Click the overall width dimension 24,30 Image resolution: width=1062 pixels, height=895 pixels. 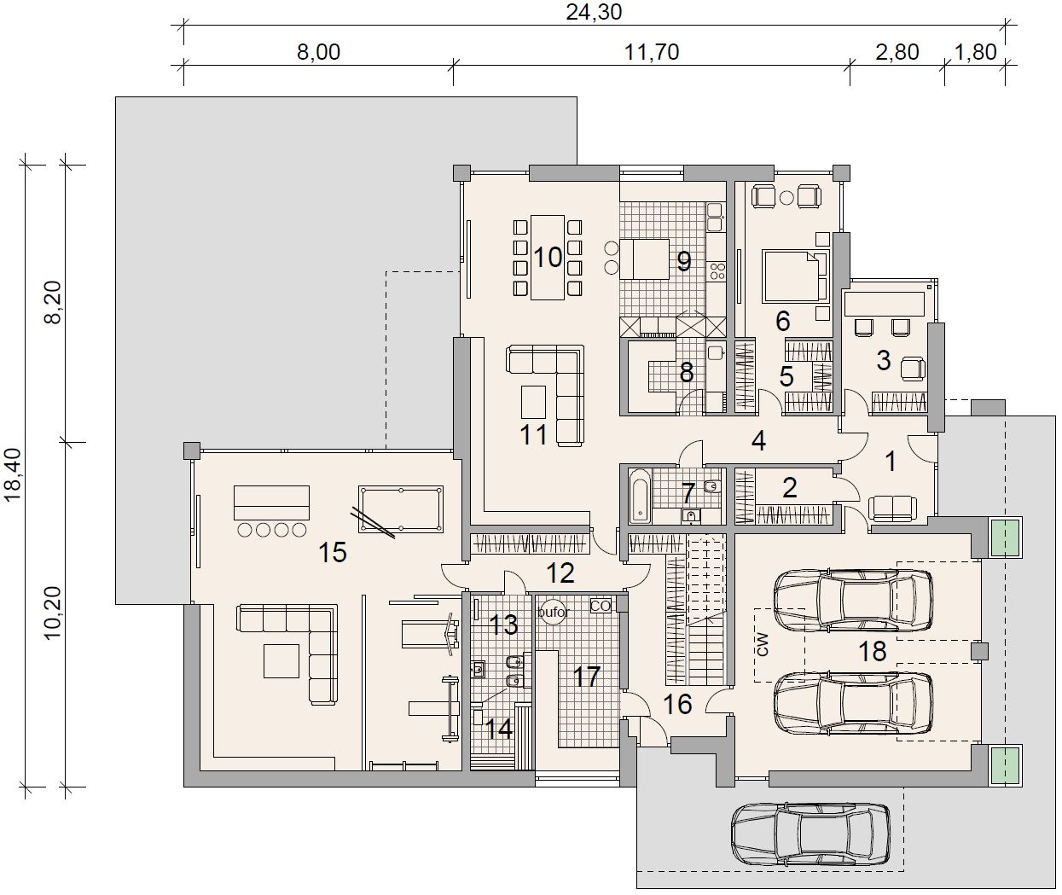pyautogui.click(x=594, y=12)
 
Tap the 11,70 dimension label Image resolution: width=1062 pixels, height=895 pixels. pyautogui.click(x=652, y=52)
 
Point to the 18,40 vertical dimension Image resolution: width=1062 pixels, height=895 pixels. pyautogui.click(x=13, y=475)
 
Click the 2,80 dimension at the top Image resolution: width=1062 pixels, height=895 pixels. pyautogui.click(x=897, y=52)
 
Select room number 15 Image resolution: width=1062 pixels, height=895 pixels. pyautogui.click(x=333, y=552)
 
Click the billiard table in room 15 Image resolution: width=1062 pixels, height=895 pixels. pyautogui.click(x=401, y=509)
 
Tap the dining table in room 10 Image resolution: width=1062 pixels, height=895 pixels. pyautogui.click(x=548, y=258)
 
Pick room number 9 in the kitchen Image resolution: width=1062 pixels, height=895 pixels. pyautogui.click(x=684, y=261)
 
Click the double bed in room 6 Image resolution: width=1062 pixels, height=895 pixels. pyautogui.click(x=796, y=276)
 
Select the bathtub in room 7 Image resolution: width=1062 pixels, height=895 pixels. pyautogui.click(x=641, y=497)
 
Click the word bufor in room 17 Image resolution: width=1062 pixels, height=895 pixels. pyautogui.click(x=554, y=612)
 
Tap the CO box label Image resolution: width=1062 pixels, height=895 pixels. pyautogui.click(x=601, y=606)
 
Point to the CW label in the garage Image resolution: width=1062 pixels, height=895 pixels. pyautogui.click(x=763, y=645)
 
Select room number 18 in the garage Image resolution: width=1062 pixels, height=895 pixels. pyautogui.click(x=873, y=651)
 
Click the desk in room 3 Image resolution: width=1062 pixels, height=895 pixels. pyautogui.click(x=885, y=305)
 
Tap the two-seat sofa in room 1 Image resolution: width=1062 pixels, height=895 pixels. pyautogui.click(x=892, y=509)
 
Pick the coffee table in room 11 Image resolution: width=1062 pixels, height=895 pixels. pyautogui.click(x=533, y=402)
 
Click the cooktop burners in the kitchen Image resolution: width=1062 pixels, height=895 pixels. pyautogui.click(x=717, y=271)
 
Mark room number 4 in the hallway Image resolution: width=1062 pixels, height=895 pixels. pyautogui.click(x=758, y=441)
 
